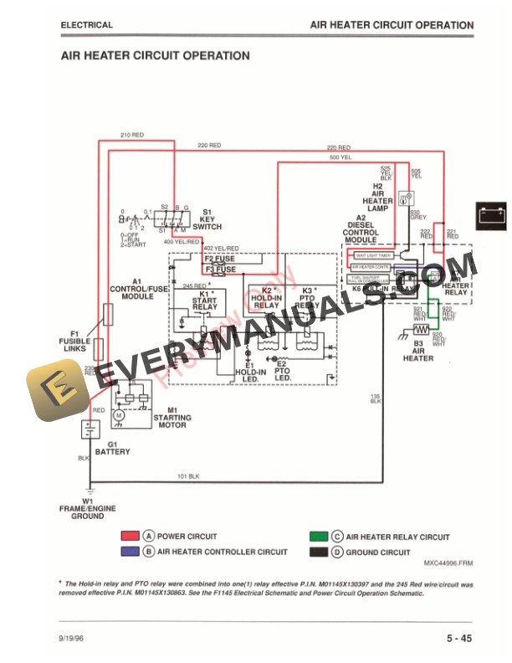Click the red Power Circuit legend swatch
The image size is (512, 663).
(x=129, y=537)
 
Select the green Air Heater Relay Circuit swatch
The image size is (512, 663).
(x=317, y=537)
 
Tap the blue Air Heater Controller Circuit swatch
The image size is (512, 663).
(x=129, y=552)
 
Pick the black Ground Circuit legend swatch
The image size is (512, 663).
(x=317, y=552)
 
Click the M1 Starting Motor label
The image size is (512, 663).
(x=172, y=418)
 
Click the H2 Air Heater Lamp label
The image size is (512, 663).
(x=377, y=198)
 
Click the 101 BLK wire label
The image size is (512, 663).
(x=188, y=476)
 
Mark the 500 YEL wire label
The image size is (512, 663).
(x=340, y=157)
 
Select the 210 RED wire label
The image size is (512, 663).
(x=132, y=135)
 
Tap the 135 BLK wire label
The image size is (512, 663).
(x=376, y=398)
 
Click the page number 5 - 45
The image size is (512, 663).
(x=463, y=639)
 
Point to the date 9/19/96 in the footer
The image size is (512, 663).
(x=72, y=640)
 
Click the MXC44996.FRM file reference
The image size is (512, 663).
(x=448, y=563)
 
